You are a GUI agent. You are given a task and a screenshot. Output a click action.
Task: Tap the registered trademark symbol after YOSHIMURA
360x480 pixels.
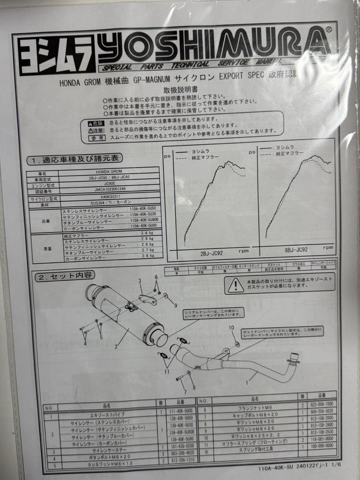(328, 30)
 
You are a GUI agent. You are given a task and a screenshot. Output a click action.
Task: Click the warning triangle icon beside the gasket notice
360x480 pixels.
(236, 285)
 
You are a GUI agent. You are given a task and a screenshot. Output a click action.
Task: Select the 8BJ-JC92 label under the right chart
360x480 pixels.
(296, 250)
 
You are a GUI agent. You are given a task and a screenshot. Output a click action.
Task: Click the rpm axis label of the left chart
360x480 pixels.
(244, 251)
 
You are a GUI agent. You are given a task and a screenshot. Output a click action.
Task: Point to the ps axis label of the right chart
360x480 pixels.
(252, 152)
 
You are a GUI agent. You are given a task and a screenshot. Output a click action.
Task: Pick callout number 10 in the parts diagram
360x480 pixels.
(231, 328)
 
